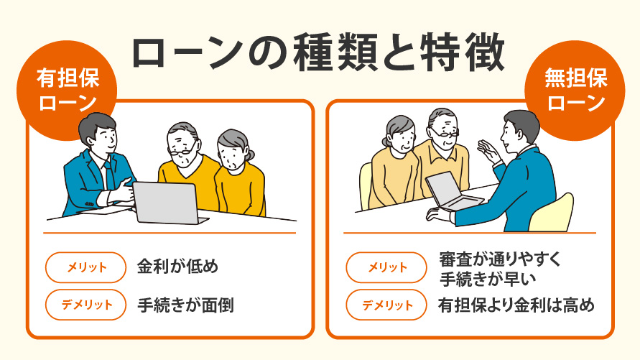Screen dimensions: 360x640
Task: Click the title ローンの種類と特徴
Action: (x=320, y=54)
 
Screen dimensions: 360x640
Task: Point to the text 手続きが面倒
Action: (x=185, y=305)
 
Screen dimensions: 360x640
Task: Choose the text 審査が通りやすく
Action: (x=500, y=259)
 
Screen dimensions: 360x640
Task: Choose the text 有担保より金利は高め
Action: (x=516, y=305)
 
